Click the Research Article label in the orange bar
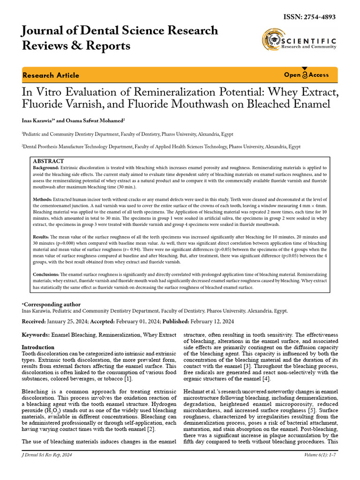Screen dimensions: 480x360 point(51,75)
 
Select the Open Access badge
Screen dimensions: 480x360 point(306,75)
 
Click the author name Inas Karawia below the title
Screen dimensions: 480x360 point(37,120)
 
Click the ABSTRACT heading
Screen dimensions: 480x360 point(48,161)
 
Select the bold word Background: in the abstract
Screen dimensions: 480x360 point(46,167)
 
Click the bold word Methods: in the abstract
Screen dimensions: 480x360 point(42,199)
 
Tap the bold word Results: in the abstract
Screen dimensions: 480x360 point(41,237)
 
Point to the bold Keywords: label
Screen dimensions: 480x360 point(36,335)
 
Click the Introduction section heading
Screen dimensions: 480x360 point(38,347)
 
